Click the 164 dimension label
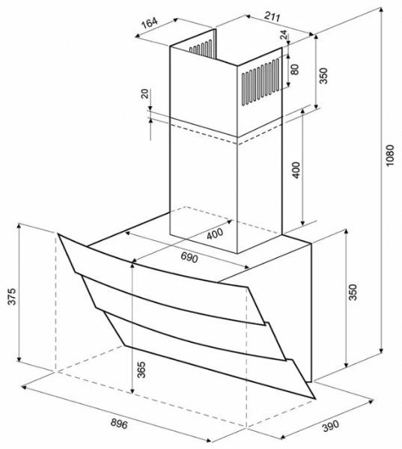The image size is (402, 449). coord(150,23)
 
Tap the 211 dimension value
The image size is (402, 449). coord(272,17)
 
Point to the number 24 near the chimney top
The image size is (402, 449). coord(284,34)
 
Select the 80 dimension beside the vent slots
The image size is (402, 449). coord(294,70)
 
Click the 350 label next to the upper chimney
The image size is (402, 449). coord(323,76)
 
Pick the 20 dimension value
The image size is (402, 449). coord(145,94)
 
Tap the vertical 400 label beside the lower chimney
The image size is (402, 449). coord(296,170)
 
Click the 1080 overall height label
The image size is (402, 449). coord(390,156)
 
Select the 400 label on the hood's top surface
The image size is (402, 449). coord(214,233)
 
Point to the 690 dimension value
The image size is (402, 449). coord(189,258)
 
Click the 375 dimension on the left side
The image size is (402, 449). coord(11,296)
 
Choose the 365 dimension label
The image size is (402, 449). coord(141,370)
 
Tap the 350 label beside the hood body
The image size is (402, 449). coord(353,292)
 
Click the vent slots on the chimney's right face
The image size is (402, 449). coord(261,82)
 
